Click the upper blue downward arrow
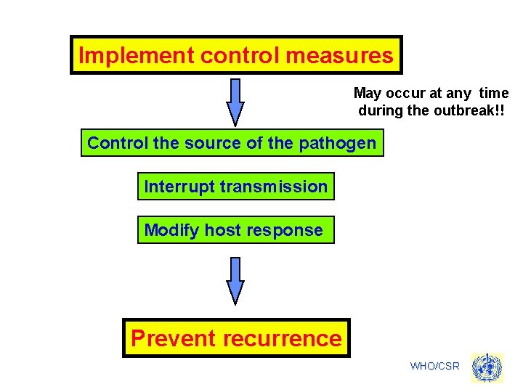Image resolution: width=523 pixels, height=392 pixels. [235, 102]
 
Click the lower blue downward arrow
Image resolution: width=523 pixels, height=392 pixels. [235, 280]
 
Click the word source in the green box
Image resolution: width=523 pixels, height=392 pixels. [214, 143]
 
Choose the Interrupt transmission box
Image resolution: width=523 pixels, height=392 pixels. [236, 187]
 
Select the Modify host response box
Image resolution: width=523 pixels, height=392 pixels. [235, 230]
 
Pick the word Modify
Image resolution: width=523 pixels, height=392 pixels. [172, 230]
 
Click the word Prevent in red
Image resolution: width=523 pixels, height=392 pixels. [173, 338]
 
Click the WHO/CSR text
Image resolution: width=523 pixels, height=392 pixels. [434, 366]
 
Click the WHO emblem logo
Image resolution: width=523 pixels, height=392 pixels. [487, 367]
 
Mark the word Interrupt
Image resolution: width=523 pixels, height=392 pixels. [180, 187]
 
